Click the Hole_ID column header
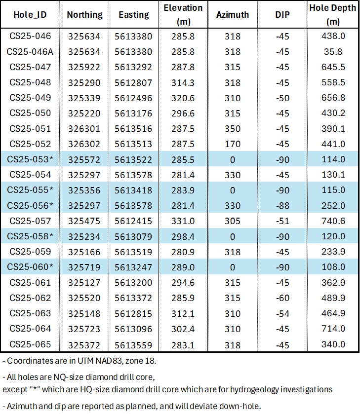31,15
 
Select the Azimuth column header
233,15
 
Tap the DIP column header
282,15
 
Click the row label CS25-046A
31,51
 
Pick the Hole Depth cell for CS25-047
332,67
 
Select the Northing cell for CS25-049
84,98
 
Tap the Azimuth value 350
233,128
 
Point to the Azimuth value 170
233,144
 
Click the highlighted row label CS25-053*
31,159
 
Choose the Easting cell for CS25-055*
134,190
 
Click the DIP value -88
282,205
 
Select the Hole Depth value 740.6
332,221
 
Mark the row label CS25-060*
31,267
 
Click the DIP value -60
282,298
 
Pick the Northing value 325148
84,313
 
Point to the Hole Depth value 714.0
332,329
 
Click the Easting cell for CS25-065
134,344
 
